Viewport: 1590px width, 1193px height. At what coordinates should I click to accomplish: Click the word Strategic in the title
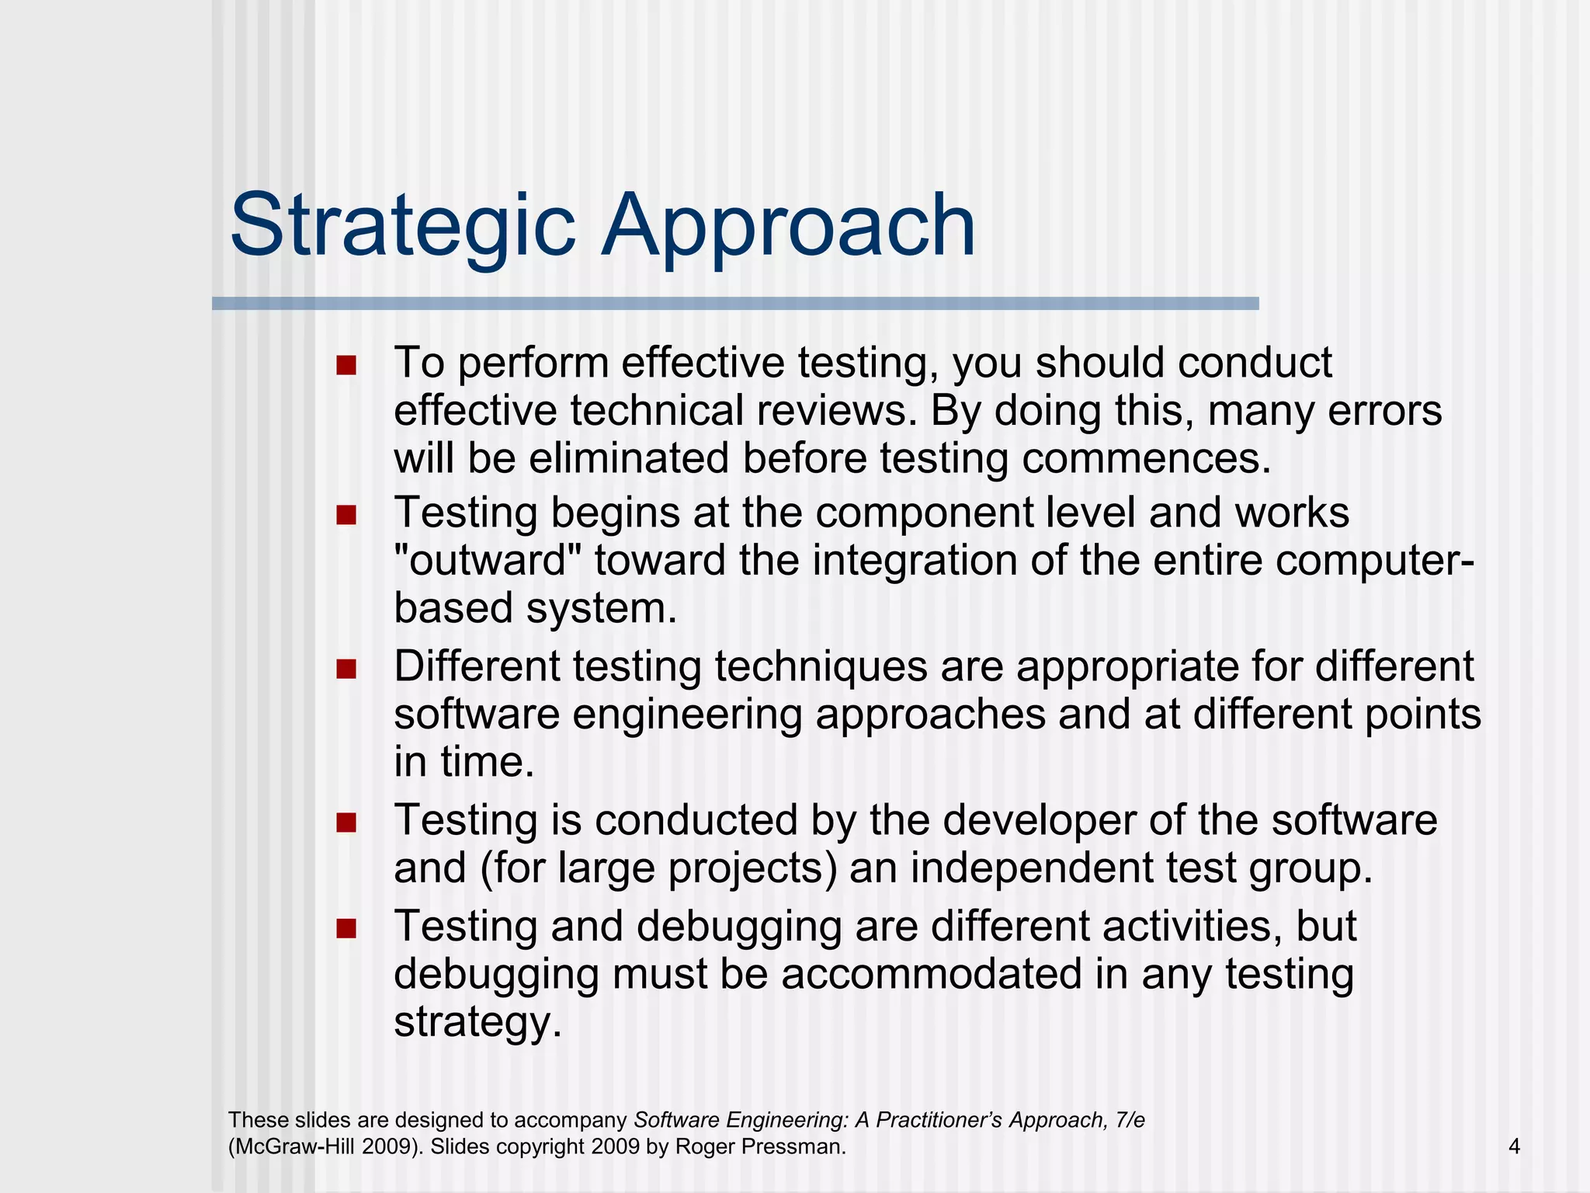point(402,227)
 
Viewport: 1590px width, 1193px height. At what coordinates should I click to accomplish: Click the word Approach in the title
point(788,227)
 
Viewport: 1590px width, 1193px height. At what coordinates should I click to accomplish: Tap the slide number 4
point(1514,1146)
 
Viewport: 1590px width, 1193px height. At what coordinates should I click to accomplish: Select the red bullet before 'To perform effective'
point(346,365)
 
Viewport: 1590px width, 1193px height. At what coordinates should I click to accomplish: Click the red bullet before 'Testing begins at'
point(346,515)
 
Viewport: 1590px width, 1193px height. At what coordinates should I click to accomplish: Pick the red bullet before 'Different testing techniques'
point(346,669)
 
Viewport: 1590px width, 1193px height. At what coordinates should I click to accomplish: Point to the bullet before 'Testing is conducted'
point(346,823)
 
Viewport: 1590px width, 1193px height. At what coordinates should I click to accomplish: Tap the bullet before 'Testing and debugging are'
point(346,928)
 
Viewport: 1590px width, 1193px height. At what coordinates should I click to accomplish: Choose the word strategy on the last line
point(477,1023)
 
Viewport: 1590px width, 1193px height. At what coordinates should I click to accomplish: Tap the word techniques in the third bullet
point(821,667)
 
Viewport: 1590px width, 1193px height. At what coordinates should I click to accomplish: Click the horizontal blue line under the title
point(734,304)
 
